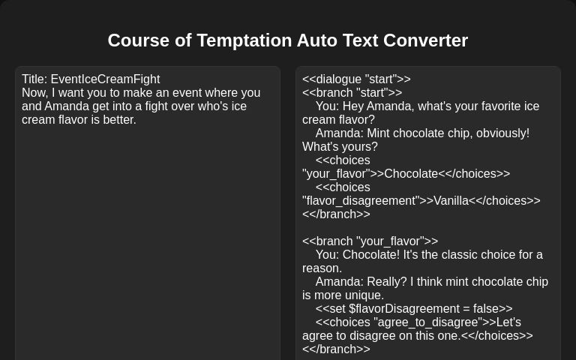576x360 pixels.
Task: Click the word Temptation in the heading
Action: [244, 40]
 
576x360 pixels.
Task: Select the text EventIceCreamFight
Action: [105, 79]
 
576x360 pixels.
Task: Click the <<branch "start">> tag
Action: [352, 92]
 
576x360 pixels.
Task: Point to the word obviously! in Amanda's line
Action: [503, 133]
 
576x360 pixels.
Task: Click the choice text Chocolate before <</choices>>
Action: [411, 174]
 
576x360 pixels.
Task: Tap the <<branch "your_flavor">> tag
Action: [370, 241]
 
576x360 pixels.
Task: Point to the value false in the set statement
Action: [482, 309]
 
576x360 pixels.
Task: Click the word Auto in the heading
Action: [318, 40]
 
